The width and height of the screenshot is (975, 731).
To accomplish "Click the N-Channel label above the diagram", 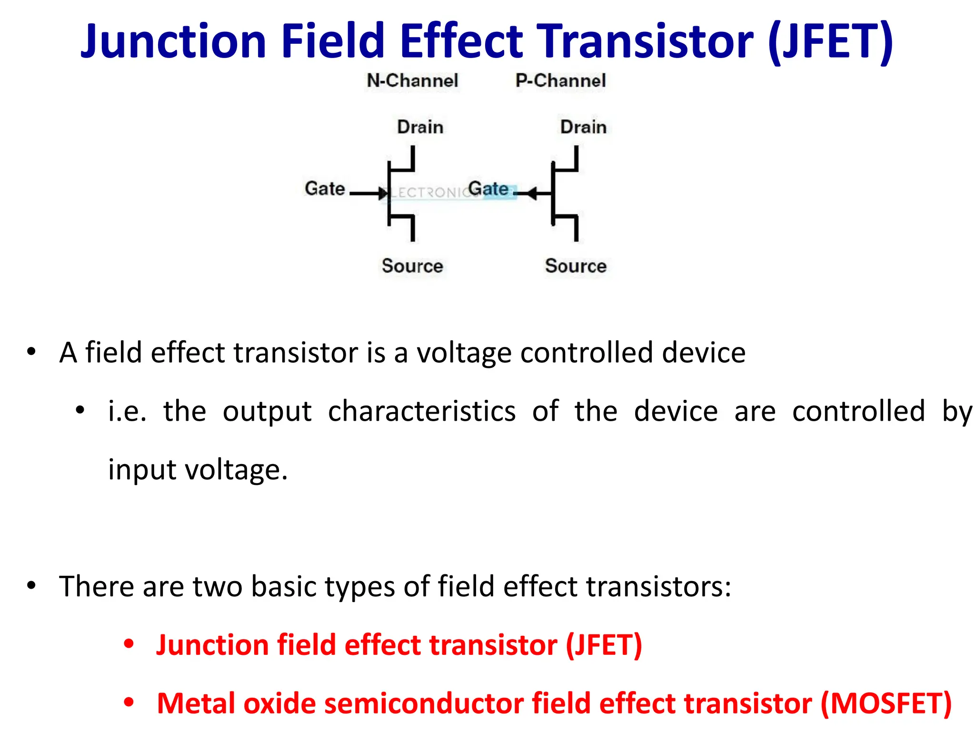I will click(412, 80).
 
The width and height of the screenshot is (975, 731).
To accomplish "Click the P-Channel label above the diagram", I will click(560, 80).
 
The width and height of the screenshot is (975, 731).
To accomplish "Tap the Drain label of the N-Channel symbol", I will click(420, 127).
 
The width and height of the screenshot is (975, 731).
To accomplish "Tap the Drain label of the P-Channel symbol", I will click(583, 127).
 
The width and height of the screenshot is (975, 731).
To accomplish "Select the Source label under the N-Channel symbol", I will click(412, 266).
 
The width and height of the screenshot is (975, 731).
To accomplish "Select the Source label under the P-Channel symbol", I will click(576, 266).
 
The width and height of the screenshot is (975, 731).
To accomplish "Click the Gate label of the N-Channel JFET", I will click(325, 188).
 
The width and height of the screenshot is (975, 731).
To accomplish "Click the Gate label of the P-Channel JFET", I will click(488, 188).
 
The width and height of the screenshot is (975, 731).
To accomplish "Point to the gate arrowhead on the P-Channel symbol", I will click(532, 193).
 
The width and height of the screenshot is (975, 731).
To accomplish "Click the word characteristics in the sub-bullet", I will click(421, 411).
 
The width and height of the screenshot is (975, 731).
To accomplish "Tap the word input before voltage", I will click(142, 470).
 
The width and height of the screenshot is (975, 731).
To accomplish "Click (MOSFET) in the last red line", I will click(886, 703).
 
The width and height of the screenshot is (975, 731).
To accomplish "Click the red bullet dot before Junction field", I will click(129, 644).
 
